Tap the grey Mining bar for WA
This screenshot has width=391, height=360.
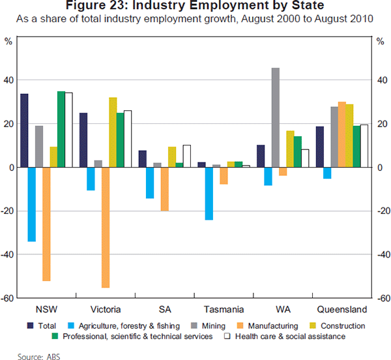(276, 117)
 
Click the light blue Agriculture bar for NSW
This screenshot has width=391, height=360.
(31, 204)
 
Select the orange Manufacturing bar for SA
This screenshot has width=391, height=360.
(165, 188)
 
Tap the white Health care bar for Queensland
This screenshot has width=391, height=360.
(364, 146)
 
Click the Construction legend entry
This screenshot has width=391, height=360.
(338, 325)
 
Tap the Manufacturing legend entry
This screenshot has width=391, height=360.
(269, 325)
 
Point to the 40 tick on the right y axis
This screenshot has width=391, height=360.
(382, 80)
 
